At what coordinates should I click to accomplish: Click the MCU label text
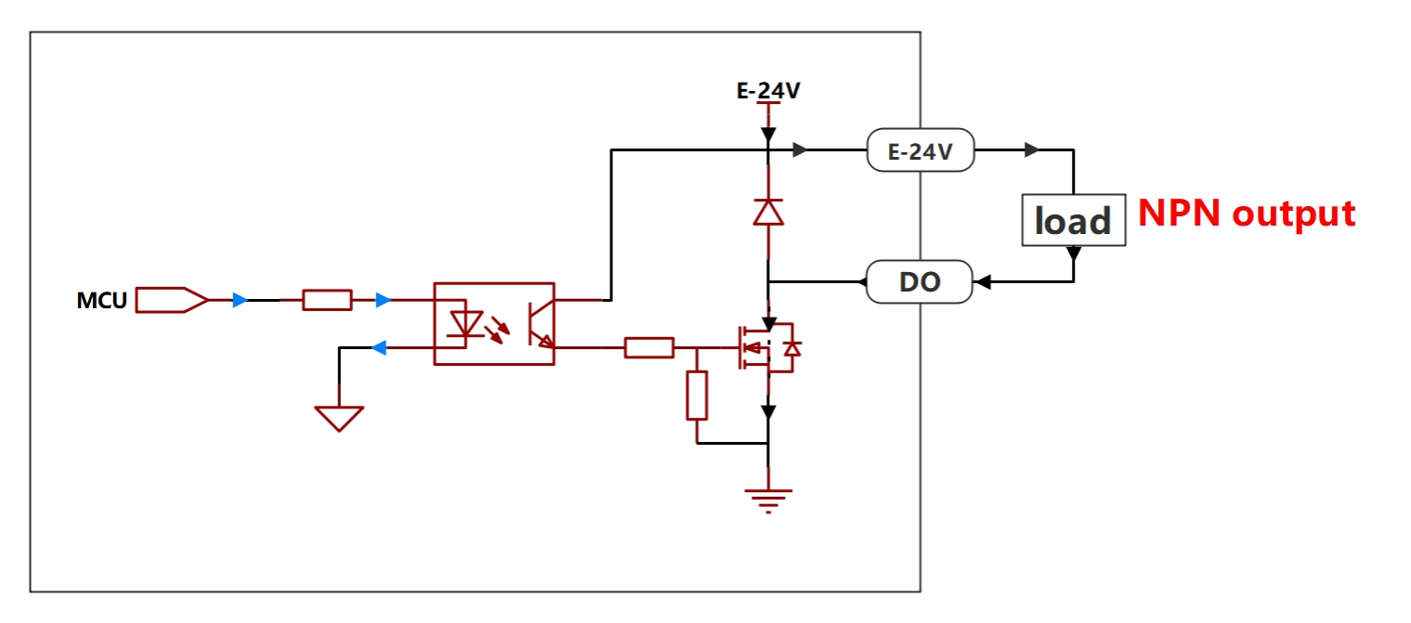click(x=101, y=301)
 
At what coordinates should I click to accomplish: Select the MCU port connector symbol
click(x=171, y=300)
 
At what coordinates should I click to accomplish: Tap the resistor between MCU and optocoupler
click(x=327, y=300)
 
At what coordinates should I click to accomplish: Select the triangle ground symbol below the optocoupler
click(x=339, y=419)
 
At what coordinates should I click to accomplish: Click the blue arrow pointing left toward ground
click(x=379, y=348)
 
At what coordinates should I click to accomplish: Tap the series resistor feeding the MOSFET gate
click(x=648, y=348)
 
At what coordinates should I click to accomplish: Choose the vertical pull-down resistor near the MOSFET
click(x=697, y=395)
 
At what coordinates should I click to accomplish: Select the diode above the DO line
click(x=768, y=213)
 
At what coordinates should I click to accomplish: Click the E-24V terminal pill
click(x=921, y=149)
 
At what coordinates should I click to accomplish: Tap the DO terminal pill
click(x=920, y=281)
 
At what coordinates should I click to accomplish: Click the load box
click(x=1074, y=220)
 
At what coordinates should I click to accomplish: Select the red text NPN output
click(x=1247, y=214)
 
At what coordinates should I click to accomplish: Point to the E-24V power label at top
click(x=768, y=91)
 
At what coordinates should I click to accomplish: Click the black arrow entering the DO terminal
click(x=983, y=281)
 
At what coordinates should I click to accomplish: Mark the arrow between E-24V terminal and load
click(x=1031, y=149)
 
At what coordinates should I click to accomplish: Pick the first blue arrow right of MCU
click(x=240, y=300)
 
